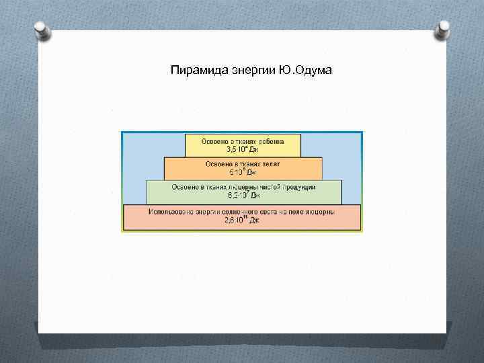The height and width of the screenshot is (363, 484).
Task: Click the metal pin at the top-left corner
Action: (42, 30)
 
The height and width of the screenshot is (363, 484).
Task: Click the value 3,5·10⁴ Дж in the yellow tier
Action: (241, 150)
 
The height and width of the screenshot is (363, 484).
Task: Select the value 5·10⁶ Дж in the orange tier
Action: (243, 172)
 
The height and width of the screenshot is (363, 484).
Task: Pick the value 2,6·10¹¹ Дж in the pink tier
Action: (242, 220)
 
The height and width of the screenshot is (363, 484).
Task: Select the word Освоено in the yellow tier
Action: (215, 142)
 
